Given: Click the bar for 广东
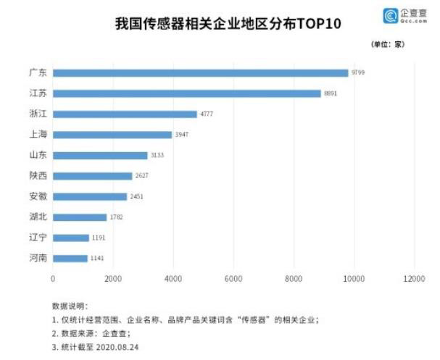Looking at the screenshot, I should [x=200, y=72].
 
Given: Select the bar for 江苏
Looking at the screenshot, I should [x=186, y=93].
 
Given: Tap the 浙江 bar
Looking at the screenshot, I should [x=125, y=114].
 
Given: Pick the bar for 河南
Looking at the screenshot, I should [x=70, y=258].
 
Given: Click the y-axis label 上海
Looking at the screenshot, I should [x=37, y=135].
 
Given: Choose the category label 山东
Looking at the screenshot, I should [x=37, y=155].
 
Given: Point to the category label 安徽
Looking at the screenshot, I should [x=37, y=196].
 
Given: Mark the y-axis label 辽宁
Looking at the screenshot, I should [x=37, y=238].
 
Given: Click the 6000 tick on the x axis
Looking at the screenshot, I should [x=233, y=278].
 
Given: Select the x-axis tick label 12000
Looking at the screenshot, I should [x=413, y=278].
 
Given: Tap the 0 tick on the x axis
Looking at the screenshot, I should [x=53, y=278].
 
